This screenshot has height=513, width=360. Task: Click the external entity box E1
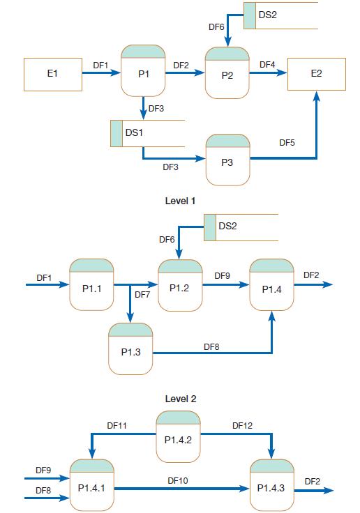point(52,75)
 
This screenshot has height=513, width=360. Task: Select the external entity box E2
point(316,75)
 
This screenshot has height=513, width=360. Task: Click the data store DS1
point(147,133)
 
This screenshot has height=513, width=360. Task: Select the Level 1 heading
point(180,201)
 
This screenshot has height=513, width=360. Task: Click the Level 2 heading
point(180,399)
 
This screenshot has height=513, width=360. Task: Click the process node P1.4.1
point(92,485)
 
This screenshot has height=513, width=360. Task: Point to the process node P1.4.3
point(271,485)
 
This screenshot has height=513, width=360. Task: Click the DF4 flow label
point(267,65)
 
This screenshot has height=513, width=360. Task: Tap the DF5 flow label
point(287,143)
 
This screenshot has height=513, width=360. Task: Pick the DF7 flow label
point(142,295)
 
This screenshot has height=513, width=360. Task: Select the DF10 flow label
point(178,480)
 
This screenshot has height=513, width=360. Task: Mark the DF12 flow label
point(242,424)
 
